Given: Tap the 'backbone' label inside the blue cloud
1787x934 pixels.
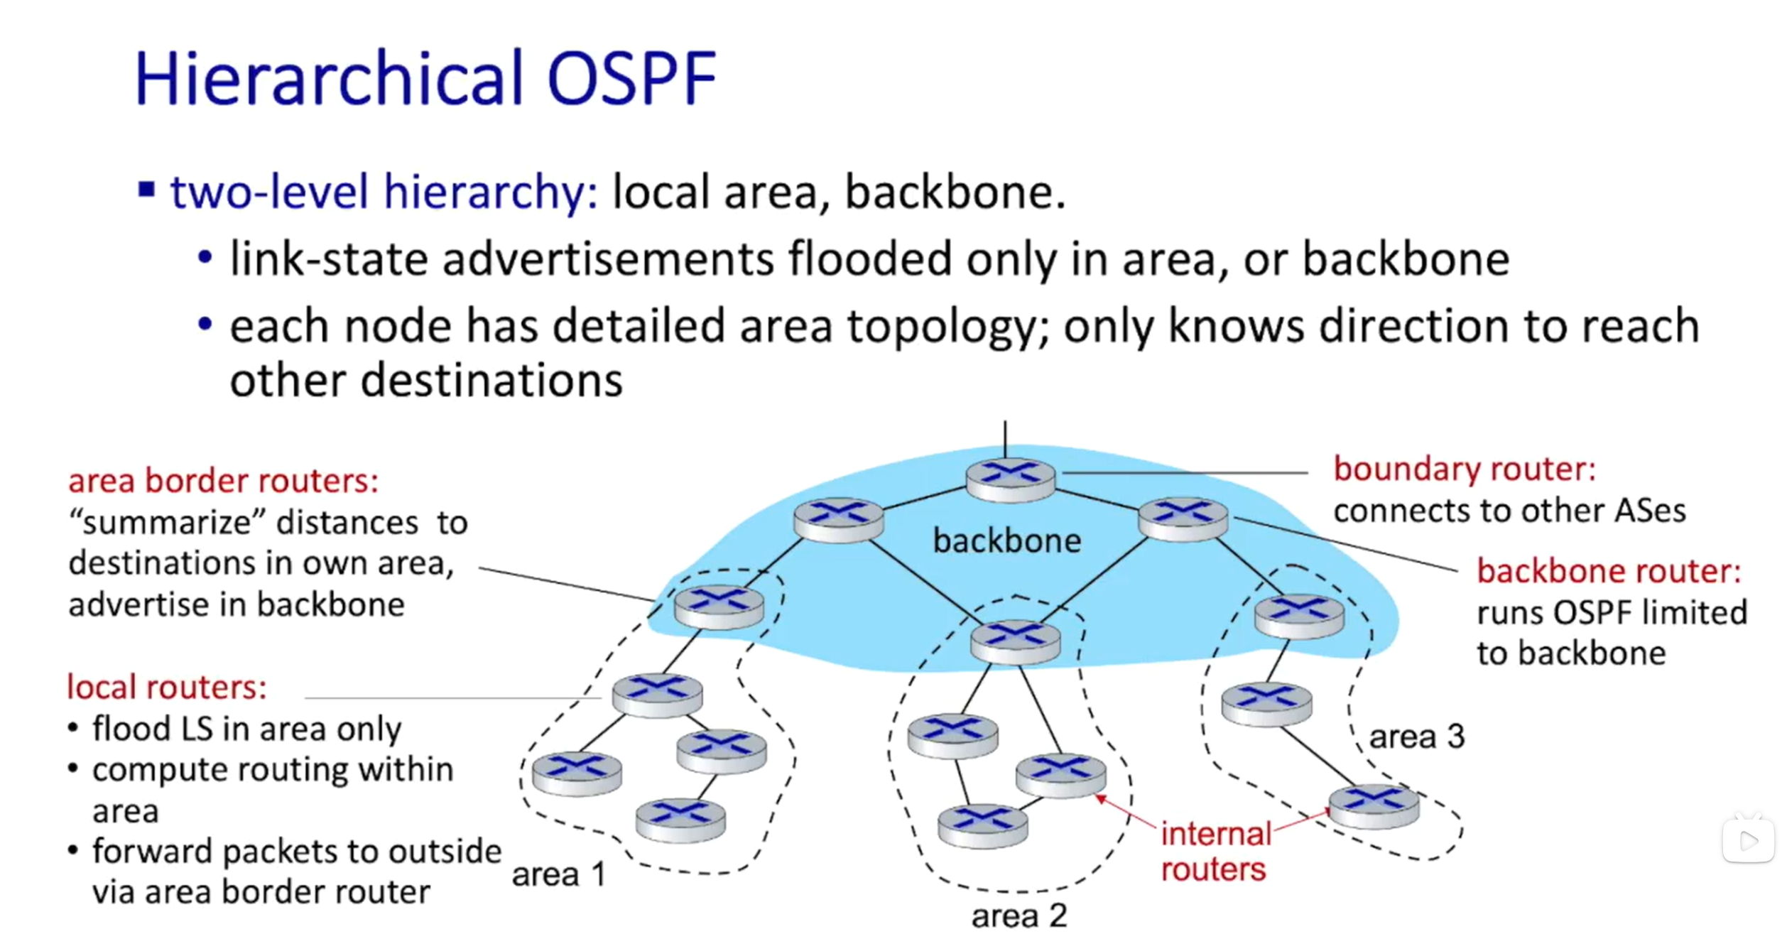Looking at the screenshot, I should (1006, 541).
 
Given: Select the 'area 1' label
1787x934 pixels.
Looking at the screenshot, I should (558, 874).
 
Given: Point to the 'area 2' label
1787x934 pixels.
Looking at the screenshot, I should (1019, 916).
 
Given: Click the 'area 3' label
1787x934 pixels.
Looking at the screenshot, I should (1416, 737).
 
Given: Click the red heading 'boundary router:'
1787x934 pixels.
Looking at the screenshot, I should (1465, 469).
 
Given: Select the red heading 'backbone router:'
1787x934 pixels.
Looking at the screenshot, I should (1609, 571).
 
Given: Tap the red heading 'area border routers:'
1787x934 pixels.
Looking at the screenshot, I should (223, 482).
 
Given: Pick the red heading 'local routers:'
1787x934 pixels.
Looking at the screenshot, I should (167, 688).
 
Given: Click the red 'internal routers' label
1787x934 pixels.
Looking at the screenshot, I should (1215, 852).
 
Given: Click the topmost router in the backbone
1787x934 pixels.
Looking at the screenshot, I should (1010, 479).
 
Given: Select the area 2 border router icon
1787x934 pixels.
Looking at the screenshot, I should (1015, 641).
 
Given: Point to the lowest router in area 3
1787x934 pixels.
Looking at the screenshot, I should (1374, 805).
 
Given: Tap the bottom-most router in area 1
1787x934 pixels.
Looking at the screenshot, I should (680, 819).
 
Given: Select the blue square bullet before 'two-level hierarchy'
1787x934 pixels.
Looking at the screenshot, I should (146, 190).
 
